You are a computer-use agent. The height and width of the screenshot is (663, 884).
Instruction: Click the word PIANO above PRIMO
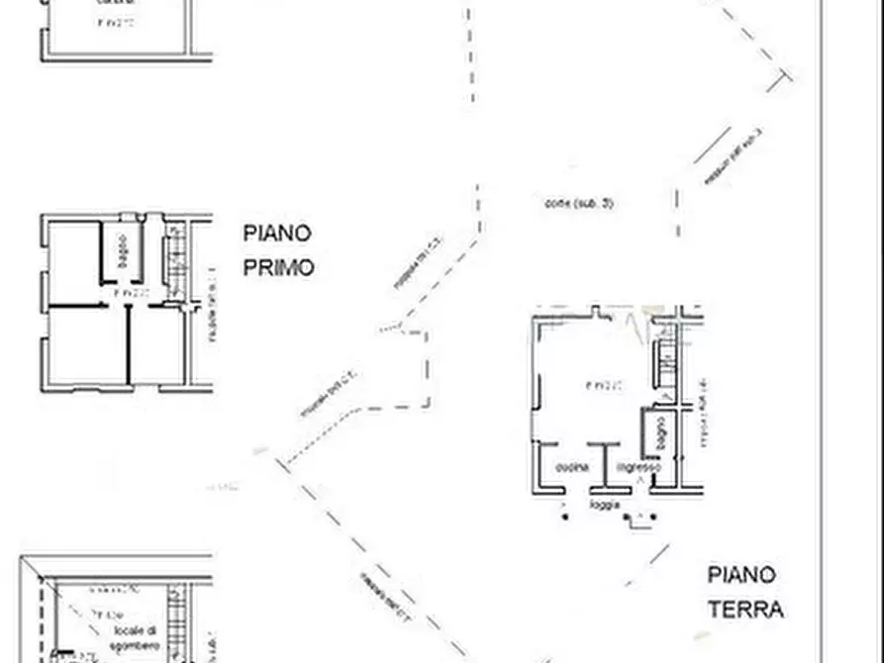coord(277,234)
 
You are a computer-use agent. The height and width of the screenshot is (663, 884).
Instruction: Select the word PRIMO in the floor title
coord(278,267)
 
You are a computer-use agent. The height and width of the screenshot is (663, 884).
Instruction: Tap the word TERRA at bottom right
coord(745,609)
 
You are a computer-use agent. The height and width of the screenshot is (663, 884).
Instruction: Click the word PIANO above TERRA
coord(741,575)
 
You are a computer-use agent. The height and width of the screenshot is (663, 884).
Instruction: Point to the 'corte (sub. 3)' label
coord(579,204)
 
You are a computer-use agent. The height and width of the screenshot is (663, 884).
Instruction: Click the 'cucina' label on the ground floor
coord(572,467)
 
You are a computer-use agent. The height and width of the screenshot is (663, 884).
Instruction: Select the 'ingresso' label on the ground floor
coord(638,467)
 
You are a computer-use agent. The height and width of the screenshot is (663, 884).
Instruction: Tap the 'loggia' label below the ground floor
coord(605,504)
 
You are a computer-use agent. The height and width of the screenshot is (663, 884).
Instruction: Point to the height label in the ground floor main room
coord(603,385)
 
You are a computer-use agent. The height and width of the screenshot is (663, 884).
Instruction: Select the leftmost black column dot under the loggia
coord(565,516)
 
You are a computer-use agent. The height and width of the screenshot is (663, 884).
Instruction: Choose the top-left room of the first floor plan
coord(74,262)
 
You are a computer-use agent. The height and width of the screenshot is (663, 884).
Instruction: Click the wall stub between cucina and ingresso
coord(604,465)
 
